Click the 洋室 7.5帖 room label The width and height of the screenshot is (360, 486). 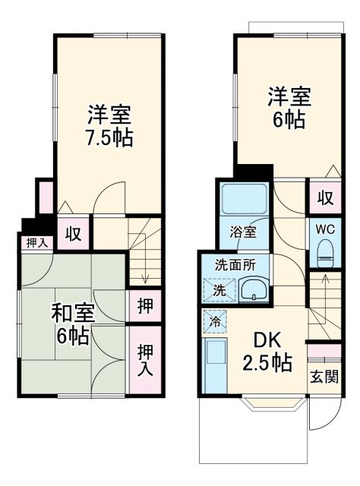[109, 126]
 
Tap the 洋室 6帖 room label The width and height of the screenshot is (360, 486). [288, 109]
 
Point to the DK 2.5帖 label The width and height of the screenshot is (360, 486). [266, 351]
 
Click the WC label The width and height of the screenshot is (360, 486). [324, 229]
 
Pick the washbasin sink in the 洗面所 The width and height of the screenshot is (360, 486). [251, 289]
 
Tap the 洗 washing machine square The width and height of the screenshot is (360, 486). [218, 290]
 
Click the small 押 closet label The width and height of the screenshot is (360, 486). [144, 308]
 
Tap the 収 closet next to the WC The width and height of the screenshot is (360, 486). [324, 199]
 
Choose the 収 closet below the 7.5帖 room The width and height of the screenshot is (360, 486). [74, 233]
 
